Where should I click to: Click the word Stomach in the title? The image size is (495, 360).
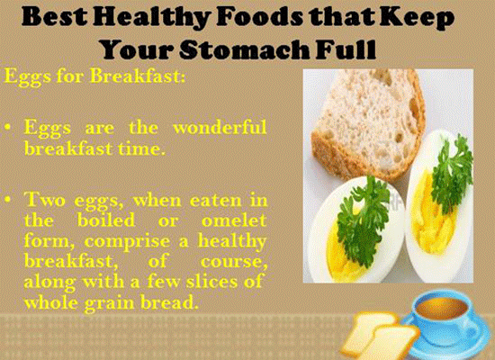click(x=244, y=49)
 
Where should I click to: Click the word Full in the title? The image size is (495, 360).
click(x=346, y=49)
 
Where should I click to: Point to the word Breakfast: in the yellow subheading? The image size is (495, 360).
click(x=138, y=76)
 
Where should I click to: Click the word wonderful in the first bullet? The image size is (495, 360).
click(x=220, y=127)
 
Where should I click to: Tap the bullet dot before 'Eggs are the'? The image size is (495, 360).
click(x=8, y=128)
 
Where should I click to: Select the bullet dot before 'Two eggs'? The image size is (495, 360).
click(x=8, y=200)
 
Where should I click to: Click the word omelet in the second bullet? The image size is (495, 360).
click(x=234, y=220)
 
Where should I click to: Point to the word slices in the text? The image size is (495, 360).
click(x=211, y=281)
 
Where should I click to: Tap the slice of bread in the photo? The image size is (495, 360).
click(x=368, y=123)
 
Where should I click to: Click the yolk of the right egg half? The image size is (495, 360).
click(x=433, y=218)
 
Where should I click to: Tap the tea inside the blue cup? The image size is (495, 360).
click(x=441, y=308)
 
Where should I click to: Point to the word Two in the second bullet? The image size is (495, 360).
click(x=45, y=200)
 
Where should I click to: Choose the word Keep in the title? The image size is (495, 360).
click(x=417, y=18)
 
